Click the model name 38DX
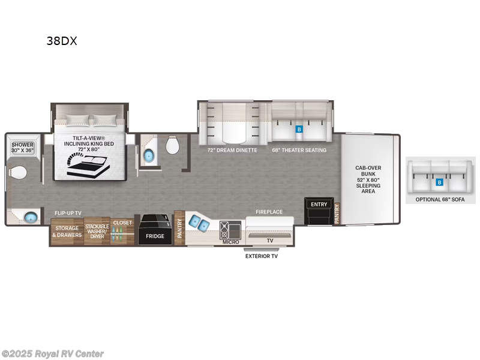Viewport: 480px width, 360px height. point(62,41)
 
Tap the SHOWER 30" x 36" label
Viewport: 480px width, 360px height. point(22,148)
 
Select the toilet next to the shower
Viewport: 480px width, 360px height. point(18,172)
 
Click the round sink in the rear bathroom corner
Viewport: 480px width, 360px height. point(30,216)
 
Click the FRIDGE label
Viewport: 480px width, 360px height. point(155,236)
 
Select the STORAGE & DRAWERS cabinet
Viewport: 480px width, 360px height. point(67,232)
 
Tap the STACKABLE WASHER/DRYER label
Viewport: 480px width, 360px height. point(97,232)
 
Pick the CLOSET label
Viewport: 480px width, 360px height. point(123,223)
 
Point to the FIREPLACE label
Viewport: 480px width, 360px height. point(269,212)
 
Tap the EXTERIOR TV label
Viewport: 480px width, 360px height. point(262,256)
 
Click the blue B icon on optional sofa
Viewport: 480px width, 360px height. point(439,182)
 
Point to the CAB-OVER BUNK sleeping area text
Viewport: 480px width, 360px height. point(368,179)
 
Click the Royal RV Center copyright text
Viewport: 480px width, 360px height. point(53,354)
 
